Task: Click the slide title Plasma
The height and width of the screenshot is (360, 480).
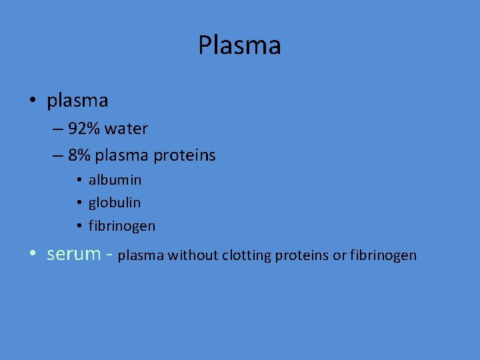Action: tap(239, 45)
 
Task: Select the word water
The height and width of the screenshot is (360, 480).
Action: tap(125, 128)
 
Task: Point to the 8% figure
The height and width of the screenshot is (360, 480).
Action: tap(79, 155)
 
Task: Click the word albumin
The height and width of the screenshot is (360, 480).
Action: tap(115, 180)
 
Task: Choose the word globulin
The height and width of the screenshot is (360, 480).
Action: tap(115, 202)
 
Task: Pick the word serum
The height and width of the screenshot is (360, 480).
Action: tap(73, 254)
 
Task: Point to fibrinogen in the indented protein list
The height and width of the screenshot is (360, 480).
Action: tap(122, 226)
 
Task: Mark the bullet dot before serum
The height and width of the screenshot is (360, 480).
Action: tap(33, 255)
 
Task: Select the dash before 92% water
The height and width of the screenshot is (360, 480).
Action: tap(56, 129)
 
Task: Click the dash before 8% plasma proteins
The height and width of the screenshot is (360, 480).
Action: tap(56, 156)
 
